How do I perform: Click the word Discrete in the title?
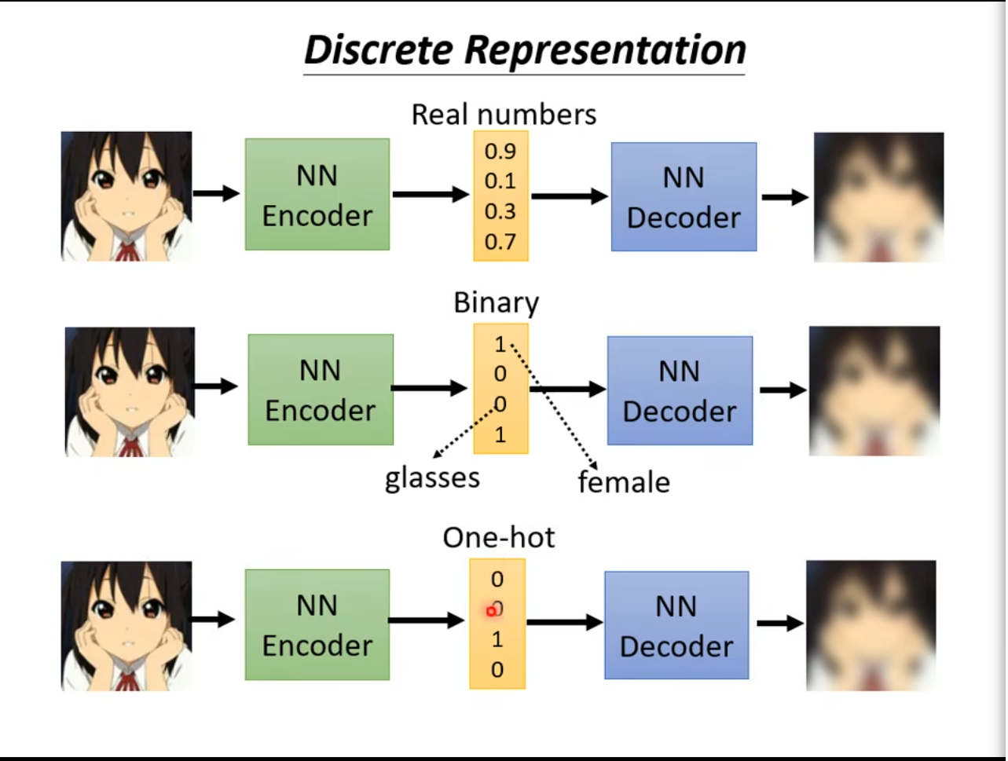(379, 50)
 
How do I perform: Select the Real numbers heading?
(504, 115)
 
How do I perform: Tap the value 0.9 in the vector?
(500, 151)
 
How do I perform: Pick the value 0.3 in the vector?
(500, 211)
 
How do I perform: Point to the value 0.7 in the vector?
(500, 241)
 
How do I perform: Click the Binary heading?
(496, 303)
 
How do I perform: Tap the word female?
(624, 481)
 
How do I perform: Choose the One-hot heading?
(499, 537)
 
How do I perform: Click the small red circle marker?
(491, 611)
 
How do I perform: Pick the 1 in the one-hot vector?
(497, 639)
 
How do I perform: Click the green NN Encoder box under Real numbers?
(317, 194)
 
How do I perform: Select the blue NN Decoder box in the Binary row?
(680, 390)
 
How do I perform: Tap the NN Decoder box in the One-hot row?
(676, 625)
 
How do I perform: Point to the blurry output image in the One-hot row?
(871, 625)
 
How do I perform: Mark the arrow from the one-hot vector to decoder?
(564, 622)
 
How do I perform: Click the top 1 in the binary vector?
(500, 344)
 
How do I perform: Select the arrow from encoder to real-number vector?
(431, 194)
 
